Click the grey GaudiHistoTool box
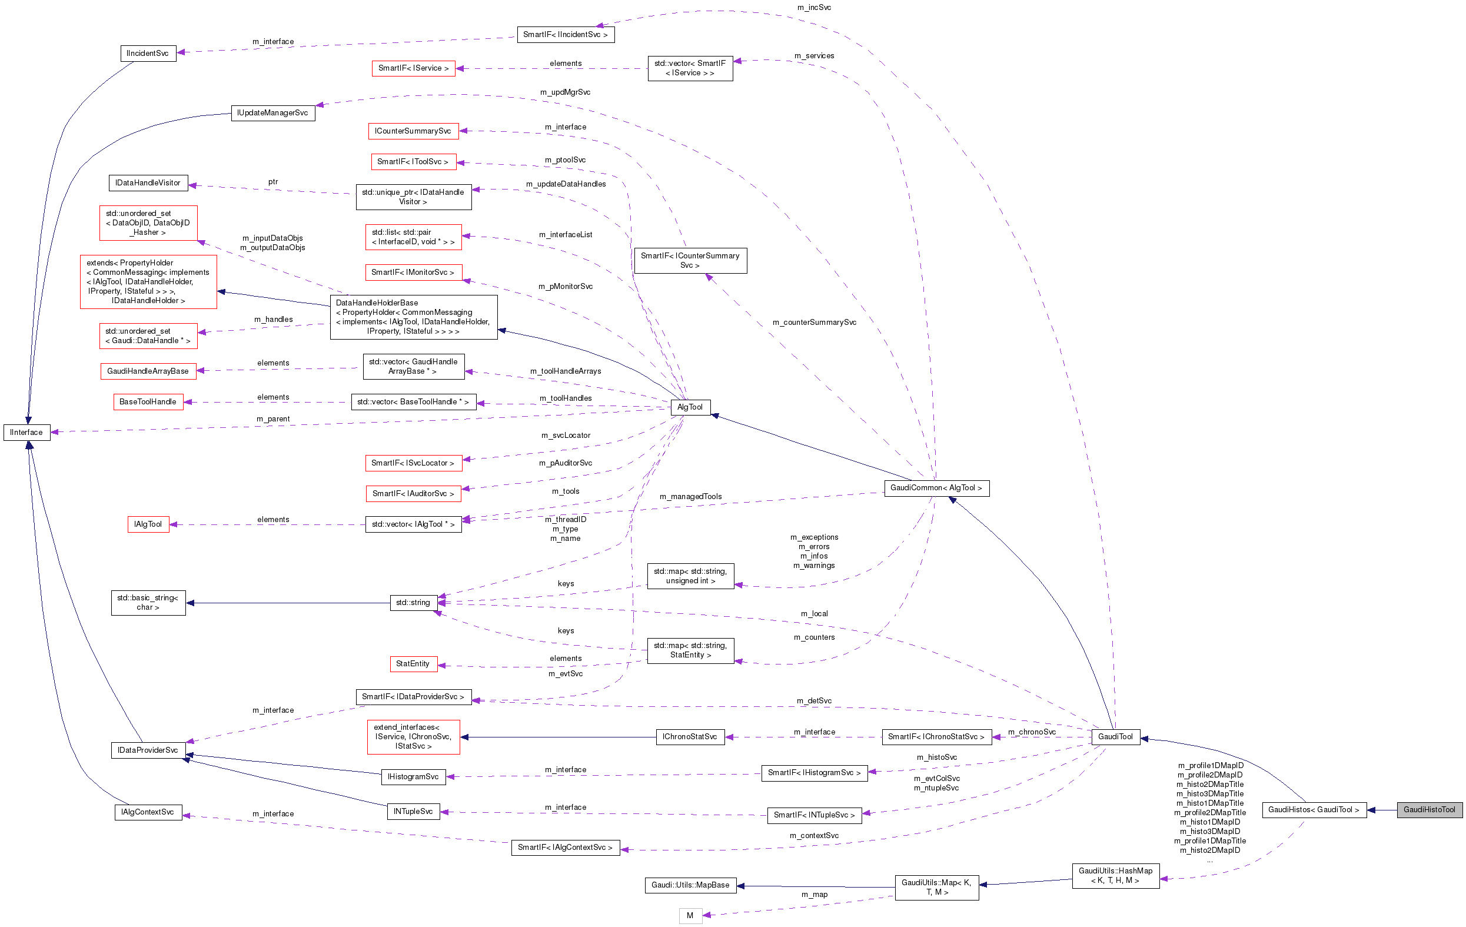tap(1429, 809)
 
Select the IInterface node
tap(27, 432)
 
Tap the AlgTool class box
tap(690, 407)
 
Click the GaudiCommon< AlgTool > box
tap(936, 487)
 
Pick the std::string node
tap(413, 603)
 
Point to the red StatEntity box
tap(413, 663)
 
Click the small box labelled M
tap(690, 915)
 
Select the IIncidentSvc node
tap(148, 54)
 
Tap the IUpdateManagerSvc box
tap(272, 113)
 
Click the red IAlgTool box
tap(148, 524)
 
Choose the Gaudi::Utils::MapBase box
tap(690, 885)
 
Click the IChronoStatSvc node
tap(690, 736)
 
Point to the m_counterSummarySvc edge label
tap(814, 322)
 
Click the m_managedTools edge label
tap(690, 497)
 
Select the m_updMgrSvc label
tap(565, 92)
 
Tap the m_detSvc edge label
tap(814, 701)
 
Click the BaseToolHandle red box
tap(148, 402)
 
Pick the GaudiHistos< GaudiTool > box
tap(1314, 809)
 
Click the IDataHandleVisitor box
tap(148, 182)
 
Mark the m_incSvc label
tap(814, 7)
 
